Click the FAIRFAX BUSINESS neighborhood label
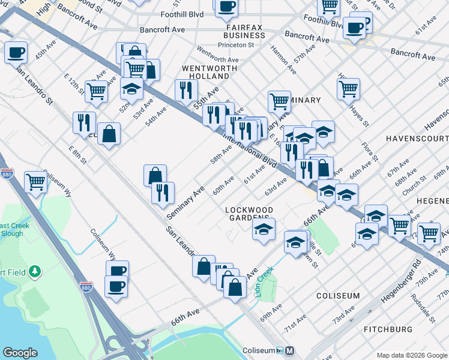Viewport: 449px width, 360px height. pos(245,31)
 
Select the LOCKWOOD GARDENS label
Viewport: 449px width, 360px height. pos(249,214)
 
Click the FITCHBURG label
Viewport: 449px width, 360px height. pos(388,329)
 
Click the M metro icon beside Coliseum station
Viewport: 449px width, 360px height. pos(289,350)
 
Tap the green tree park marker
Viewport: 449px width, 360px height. pos(35,272)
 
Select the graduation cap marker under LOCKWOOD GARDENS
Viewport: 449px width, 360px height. pos(264,229)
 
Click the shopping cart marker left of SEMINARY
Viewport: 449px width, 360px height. pos(279,101)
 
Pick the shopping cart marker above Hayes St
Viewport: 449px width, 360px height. pos(348,89)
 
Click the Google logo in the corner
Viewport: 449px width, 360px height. pos(20,353)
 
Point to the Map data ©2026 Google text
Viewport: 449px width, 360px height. pos(412,355)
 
